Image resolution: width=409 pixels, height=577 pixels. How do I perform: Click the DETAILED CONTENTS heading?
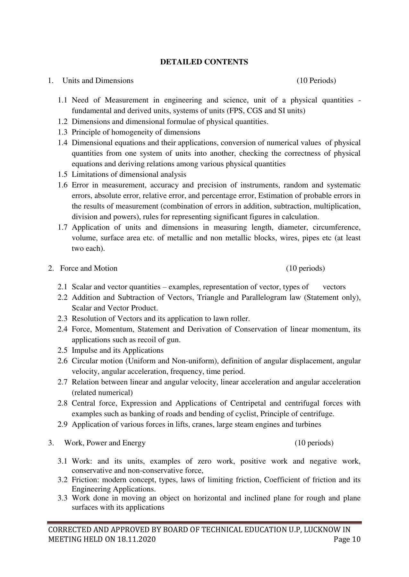[204, 62]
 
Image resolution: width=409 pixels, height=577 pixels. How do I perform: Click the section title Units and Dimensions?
[98, 80]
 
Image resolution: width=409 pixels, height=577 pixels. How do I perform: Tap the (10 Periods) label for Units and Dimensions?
[316, 80]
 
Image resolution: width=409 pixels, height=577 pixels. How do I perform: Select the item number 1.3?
[63, 132]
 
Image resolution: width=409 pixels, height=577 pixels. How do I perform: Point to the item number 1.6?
[63, 185]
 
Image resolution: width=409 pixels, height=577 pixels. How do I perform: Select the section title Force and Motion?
[89, 268]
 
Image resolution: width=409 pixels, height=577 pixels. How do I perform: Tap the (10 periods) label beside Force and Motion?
[305, 268]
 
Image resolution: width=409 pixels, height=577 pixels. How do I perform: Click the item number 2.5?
[63, 350]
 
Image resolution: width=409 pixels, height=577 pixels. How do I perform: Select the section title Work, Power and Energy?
[105, 443]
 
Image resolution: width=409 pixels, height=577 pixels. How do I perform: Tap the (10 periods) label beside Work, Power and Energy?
[314, 443]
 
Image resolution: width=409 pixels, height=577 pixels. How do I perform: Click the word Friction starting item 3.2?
[82, 480]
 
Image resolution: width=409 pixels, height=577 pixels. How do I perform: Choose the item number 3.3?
[63, 498]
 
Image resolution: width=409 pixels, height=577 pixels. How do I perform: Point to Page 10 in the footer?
[347, 539]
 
